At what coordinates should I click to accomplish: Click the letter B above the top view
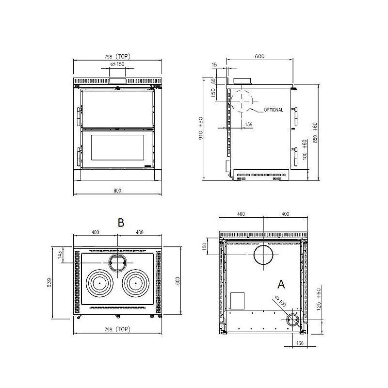(x=121, y=223)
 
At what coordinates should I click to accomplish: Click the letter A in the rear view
(x=281, y=284)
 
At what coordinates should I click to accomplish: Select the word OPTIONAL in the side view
(x=274, y=110)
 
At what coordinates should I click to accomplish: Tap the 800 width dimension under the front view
(x=117, y=191)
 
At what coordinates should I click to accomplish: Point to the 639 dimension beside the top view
(x=49, y=283)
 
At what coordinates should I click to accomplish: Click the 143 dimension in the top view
(x=60, y=255)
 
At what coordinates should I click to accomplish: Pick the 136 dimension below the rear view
(x=300, y=343)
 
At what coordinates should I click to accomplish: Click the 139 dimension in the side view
(x=248, y=124)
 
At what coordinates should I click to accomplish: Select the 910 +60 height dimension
(x=201, y=128)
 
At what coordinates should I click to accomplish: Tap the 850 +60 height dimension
(x=315, y=132)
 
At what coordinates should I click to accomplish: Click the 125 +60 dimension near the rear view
(x=319, y=299)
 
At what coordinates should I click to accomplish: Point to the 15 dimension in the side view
(x=214, y=65)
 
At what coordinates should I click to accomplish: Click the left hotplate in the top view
(x=100, y=283)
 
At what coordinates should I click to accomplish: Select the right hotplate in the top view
(x=136, y=283)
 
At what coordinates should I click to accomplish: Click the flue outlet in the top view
(x=118, y=262)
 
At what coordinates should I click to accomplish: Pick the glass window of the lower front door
(x=118, y=147)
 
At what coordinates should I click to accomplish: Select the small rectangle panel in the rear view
(x=237, y=301)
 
